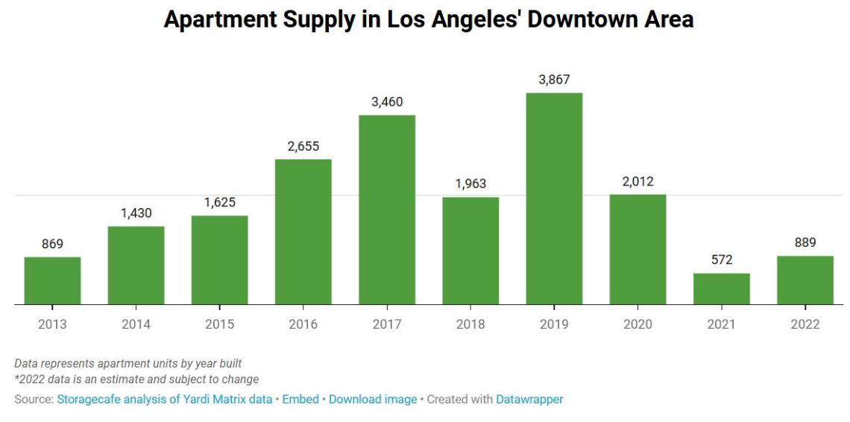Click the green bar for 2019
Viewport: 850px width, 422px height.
click(554, 198)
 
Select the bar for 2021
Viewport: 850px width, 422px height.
click(721, 289)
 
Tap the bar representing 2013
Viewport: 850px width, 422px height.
click(52, 281)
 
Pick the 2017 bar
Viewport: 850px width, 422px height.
click(387, 210)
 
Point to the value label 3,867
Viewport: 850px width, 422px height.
click(554, 80)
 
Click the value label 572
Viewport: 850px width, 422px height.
click(721, 259)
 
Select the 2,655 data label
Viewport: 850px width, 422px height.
click(303, 146)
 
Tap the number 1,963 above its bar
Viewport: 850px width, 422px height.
click(470, 183)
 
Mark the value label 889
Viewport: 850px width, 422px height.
click(805, 242)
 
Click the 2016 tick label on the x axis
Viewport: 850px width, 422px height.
click(303, 324)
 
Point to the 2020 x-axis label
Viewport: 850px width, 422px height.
click(637, 324)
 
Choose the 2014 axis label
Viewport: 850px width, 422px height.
click(136, 324)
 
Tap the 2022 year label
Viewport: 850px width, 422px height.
click(805, 324)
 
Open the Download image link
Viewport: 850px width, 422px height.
click(373, 399)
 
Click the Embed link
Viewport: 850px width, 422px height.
click(300, 399)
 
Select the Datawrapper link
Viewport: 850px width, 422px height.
click(529, 399)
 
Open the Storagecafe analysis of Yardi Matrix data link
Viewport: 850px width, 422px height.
click(165, 399)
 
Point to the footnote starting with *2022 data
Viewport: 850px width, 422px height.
click(136, 380)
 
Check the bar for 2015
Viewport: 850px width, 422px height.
click(220, 260)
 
